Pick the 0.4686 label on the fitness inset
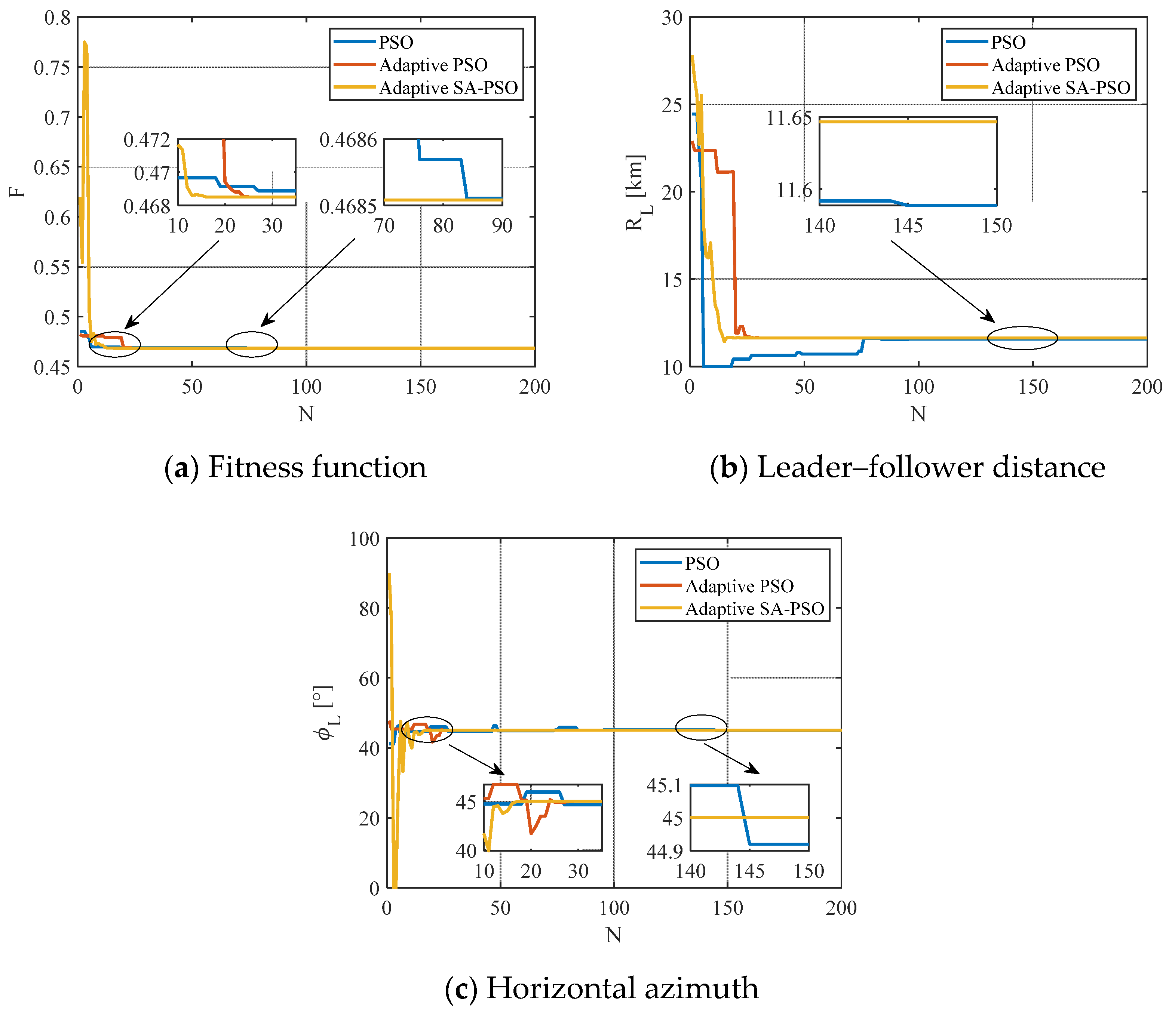[x=348, y=140]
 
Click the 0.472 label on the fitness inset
[x=147, y=140]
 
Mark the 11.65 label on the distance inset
[x=789, y=118]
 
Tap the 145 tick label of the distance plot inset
[x=908, y=225]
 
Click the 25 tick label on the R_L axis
[x=672, y=105]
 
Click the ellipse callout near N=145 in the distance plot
[x=1022, y=338]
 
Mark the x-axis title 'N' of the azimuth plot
[x=613, y=935]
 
